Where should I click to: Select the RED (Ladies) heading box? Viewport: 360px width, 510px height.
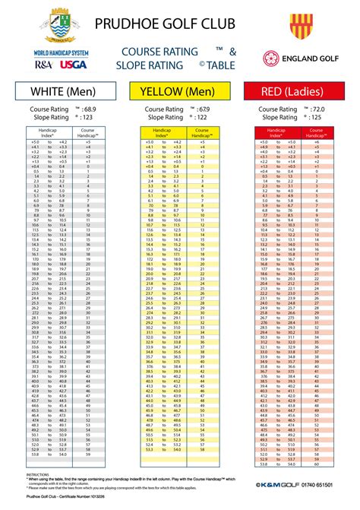[x=299, y=92]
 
